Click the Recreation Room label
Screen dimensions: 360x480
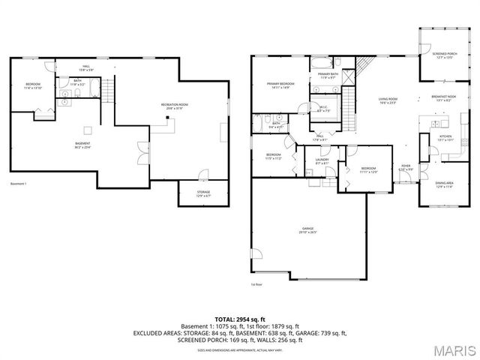[x=173, y=106]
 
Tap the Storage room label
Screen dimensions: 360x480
[x=204, y=193]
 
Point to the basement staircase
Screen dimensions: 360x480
[x=107, y=94]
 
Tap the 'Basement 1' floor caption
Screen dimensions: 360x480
[x=19, y=184]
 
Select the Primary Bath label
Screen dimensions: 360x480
[x=328, y=76]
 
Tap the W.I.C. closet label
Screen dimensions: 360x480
[x=324, y=109]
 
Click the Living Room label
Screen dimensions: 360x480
[x=387, y=100]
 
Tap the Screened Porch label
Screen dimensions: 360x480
[x=445, y=55]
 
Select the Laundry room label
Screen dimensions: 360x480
[x=322, y=160]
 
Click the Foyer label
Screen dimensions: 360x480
[x=406, y=167]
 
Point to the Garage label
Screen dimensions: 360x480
[x=308, y=229]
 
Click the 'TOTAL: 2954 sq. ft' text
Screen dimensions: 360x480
[x=240, y=320]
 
